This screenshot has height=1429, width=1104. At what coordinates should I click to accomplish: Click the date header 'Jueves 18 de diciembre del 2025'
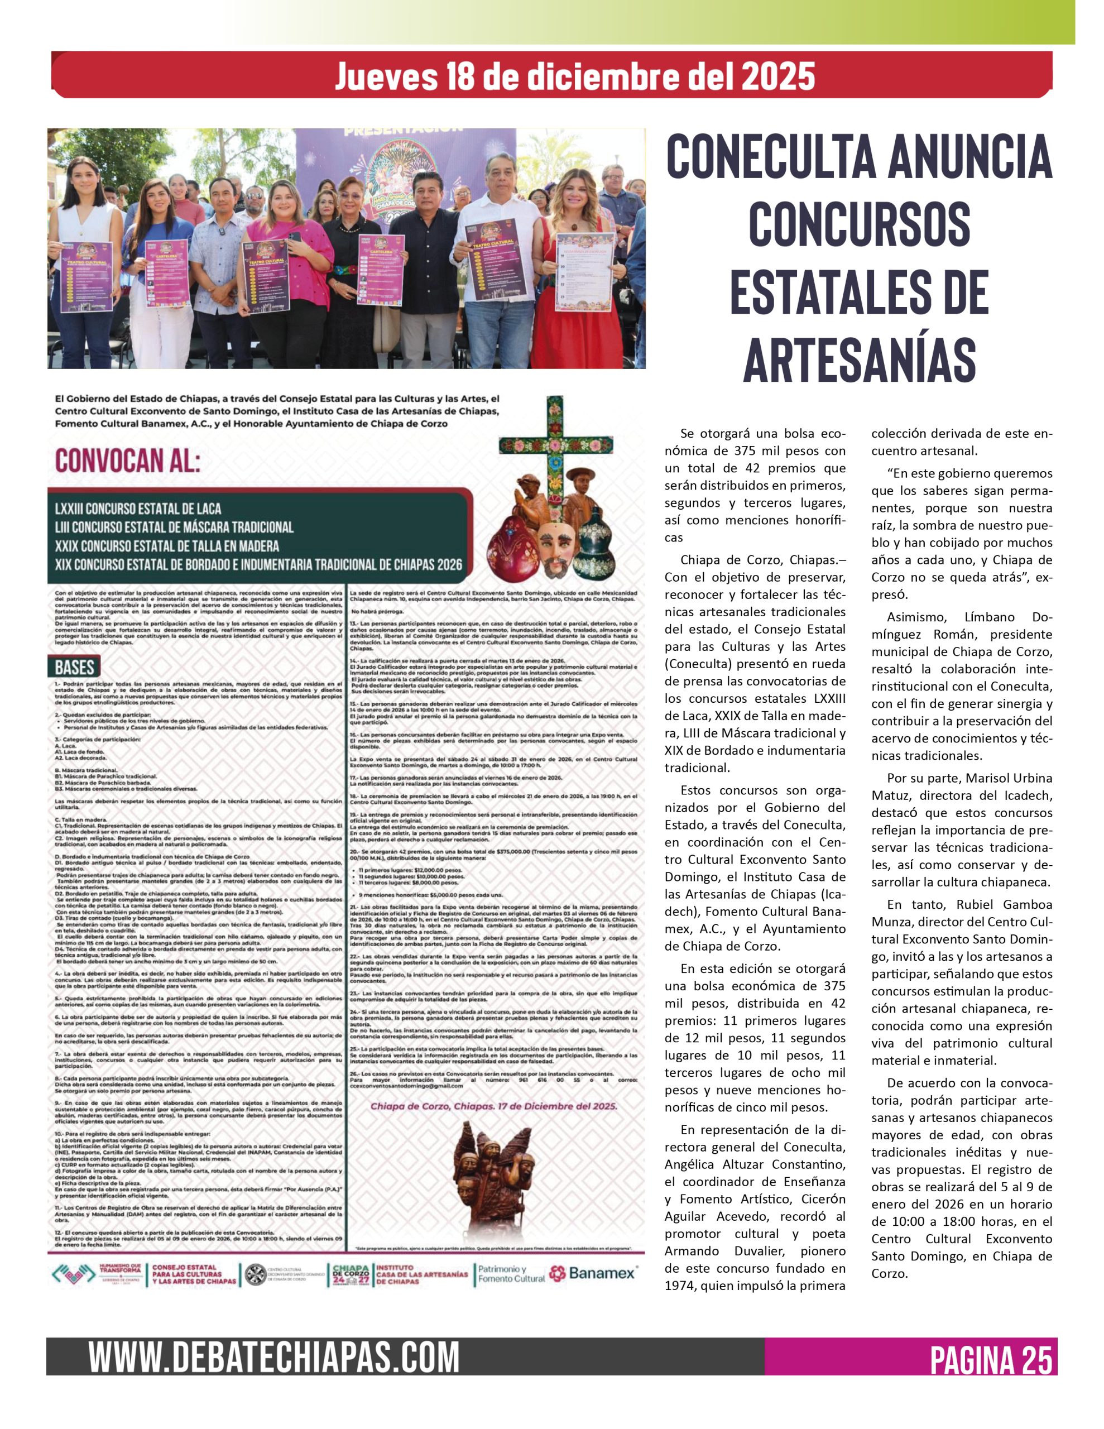[574, 76]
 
